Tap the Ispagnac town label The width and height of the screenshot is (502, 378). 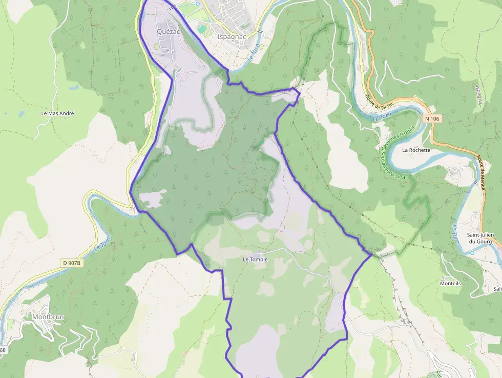(x=232, y=37)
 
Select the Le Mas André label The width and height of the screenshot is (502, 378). (x=58, y=113)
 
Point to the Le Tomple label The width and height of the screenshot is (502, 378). (x=255, y=260)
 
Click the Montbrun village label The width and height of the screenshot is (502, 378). (x=48, y=316)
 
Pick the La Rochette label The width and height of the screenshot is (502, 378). (x=416, y=150)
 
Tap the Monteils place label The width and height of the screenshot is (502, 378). (x=451, y=283)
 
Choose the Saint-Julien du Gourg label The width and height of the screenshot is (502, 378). (x=479, y=238)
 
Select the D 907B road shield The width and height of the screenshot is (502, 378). (x=71, y=263)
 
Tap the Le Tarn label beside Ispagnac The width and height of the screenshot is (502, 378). (x=254, y=54)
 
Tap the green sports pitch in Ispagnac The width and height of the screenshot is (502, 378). (x=203, y=29)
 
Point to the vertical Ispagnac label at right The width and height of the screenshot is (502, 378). (x=479, y=95)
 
